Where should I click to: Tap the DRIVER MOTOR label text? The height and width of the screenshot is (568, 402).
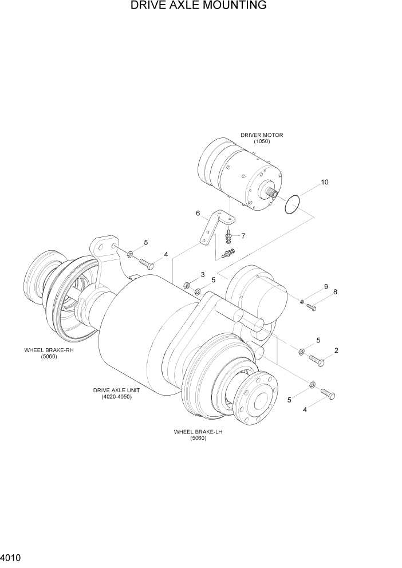click(x=262, y=135)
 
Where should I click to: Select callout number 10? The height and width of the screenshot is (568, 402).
click(x=325, y=183)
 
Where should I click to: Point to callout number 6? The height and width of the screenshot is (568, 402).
click(x=198, y=214)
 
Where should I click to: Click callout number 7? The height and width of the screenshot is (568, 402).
click(x=243, y=236)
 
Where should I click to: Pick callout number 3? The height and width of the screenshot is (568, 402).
click(x=203, y=275)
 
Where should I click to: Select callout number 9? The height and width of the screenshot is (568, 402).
click(x=326, y=286)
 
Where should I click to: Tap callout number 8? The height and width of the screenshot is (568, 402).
click(x=335, y=292)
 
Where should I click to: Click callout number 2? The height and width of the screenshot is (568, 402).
click(x=336, y=350)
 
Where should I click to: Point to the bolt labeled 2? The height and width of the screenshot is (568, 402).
click(x=316, y=361)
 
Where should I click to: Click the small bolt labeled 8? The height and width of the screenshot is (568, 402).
click(x=312, y=307)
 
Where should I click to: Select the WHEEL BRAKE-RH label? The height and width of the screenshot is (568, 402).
click(x=49, y=350)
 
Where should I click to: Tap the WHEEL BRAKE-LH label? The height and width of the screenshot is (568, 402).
click(x=198, y=432)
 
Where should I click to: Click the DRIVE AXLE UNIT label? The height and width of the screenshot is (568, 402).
click(x=116, y=390)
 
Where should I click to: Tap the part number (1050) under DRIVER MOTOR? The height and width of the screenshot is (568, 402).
click(x=262, y=141)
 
